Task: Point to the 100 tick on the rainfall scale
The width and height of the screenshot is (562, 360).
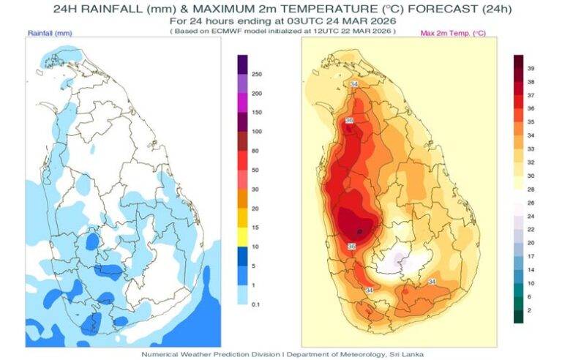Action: click(257, 132)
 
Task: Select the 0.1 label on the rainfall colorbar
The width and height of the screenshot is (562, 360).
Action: click(256, 303)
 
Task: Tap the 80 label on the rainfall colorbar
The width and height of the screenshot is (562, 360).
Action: click(255, 151)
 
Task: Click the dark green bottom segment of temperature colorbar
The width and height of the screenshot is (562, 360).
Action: click(518, 316)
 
